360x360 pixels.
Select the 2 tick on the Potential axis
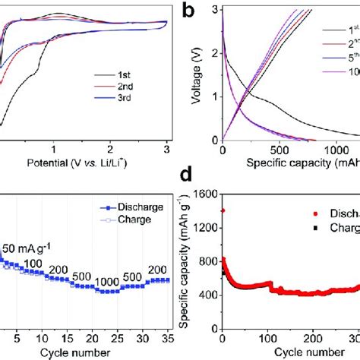[111, 150]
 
